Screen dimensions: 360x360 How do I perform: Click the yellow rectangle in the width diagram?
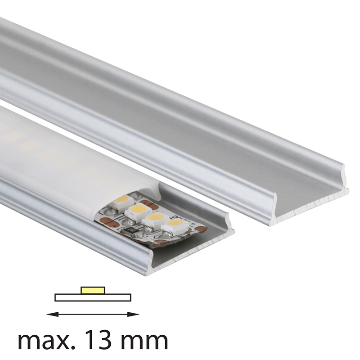93,290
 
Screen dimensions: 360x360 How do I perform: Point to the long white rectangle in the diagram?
93,297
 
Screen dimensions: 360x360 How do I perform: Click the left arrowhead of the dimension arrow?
52,314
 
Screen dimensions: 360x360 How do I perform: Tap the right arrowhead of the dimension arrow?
133,314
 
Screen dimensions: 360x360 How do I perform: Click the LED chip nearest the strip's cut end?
175,225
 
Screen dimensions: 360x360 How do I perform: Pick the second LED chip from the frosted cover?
139,212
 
